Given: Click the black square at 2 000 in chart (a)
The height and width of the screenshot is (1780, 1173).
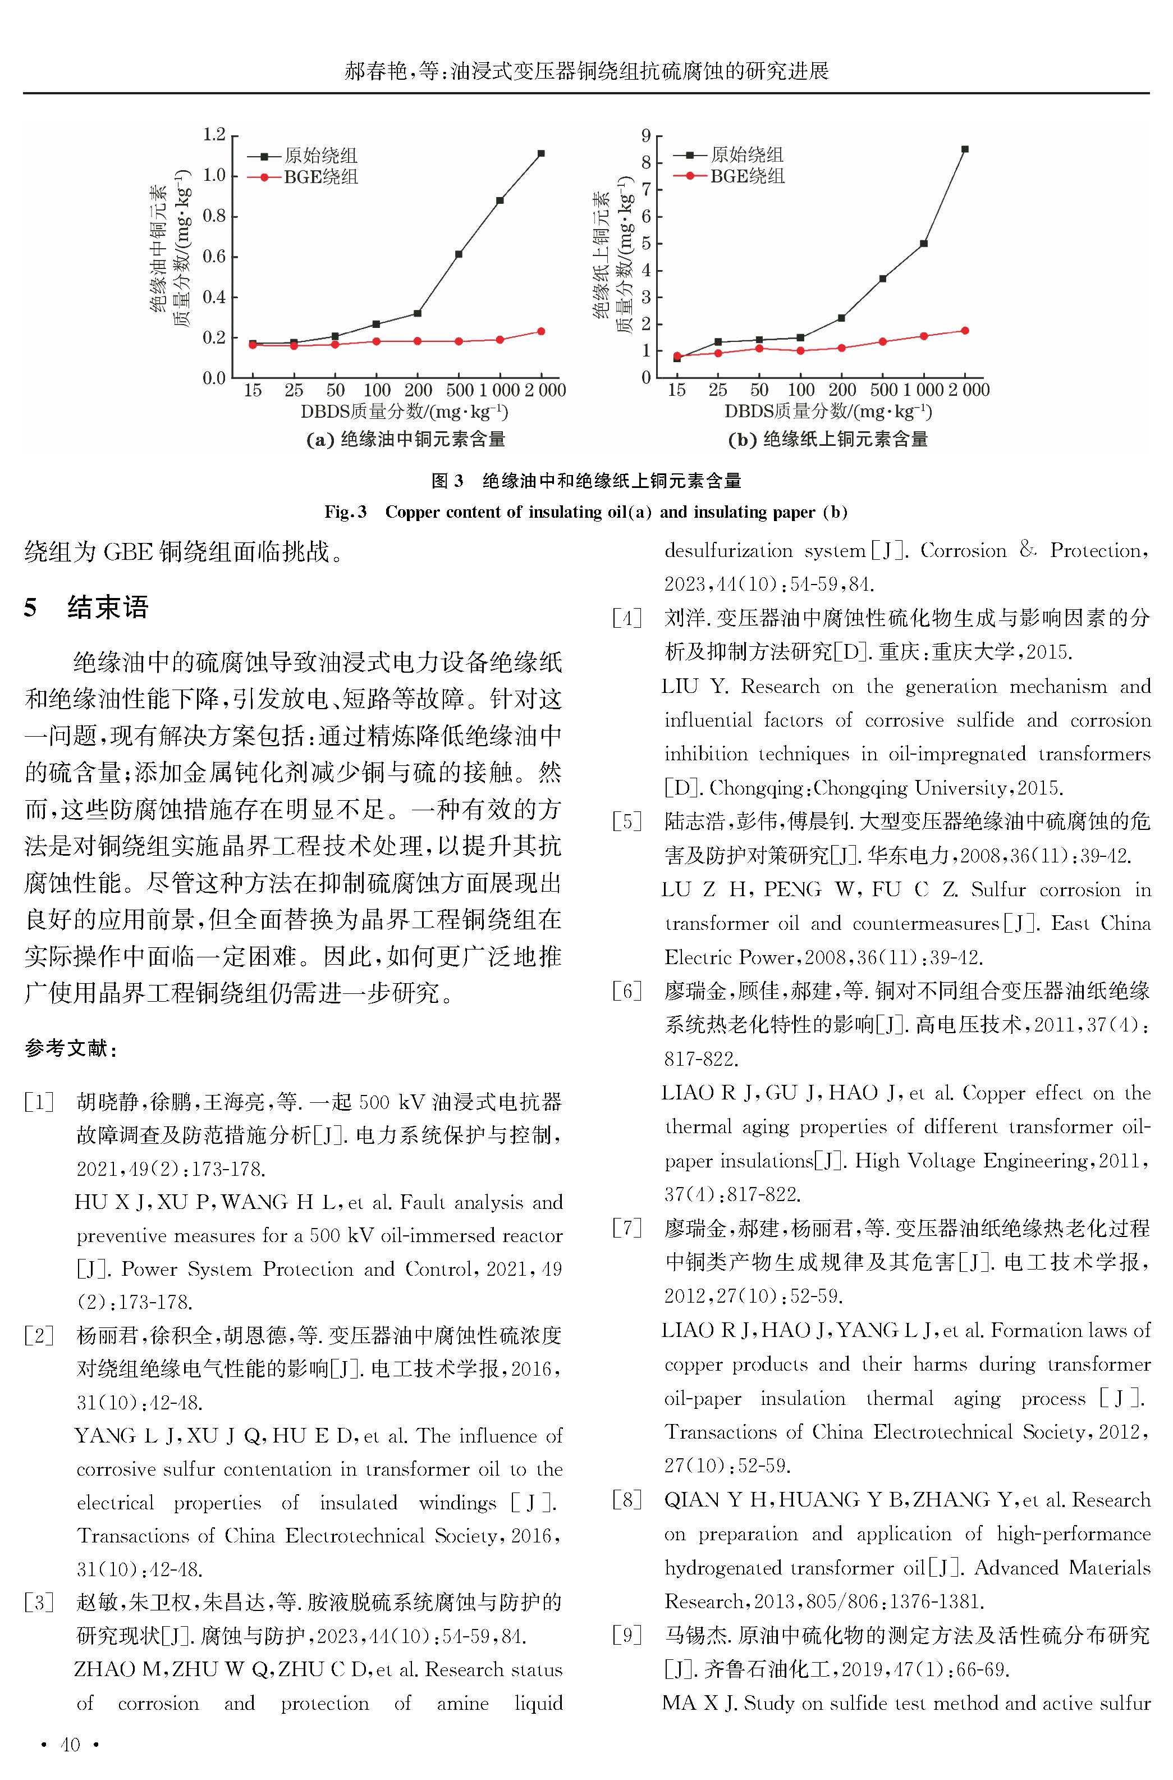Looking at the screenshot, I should [x=541, y=153].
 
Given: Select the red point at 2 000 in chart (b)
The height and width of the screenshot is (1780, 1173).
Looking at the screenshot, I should [x=965, y=331].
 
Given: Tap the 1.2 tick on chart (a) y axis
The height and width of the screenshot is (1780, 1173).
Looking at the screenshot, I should [x=214, y=135].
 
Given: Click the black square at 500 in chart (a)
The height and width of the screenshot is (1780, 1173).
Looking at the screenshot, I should [x=459, y=254].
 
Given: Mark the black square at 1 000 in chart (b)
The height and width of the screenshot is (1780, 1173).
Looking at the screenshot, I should [x=924, y=244].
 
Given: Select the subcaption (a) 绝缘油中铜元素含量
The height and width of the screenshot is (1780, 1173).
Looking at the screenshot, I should [x=405, y=439].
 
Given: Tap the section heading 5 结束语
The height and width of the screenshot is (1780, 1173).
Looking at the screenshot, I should [x=86, y=607].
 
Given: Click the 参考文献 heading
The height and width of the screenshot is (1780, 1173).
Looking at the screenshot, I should [x=70, y=1048].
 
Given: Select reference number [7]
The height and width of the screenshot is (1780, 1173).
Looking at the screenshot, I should [x=627, y=1228].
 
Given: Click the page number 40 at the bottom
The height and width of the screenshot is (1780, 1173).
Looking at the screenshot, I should [x=70, y=1745].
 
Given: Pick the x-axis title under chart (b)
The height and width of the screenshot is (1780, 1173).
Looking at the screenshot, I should [x=827, y=412].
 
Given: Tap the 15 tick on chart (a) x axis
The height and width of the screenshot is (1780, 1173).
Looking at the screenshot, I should [x=253, y=390].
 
